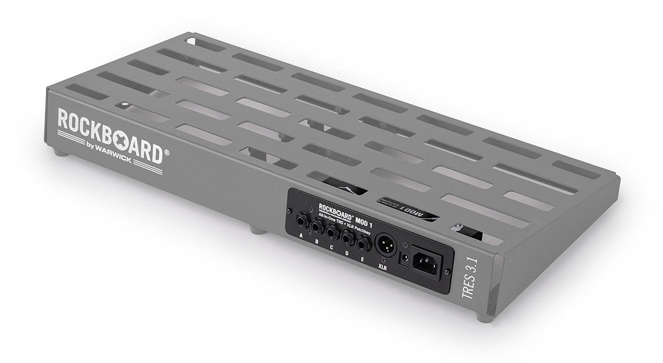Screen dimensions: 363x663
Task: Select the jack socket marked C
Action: point(332,230)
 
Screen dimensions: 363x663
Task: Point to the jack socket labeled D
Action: point(348,236)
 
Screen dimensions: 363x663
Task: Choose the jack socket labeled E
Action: point(363,243)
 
